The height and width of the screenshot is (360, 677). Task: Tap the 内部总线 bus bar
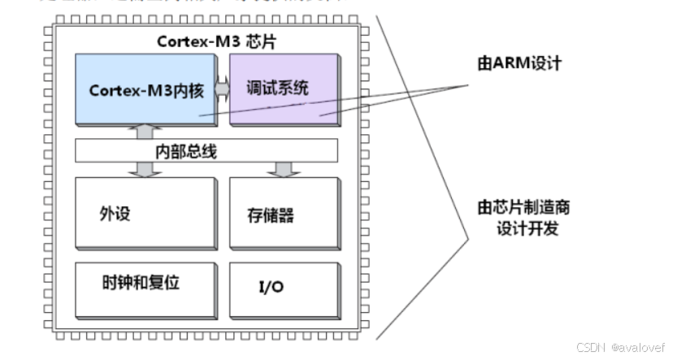click(206, 150)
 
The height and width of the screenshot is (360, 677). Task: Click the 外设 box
click(146, 213)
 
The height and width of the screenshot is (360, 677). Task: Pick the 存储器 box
click(283, 213)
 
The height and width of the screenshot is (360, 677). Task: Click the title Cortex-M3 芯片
click(205, 41)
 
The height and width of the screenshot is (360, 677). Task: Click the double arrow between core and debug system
click(223, 87)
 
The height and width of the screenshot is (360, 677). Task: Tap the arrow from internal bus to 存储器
click(283, 169)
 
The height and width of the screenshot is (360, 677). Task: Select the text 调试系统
click(278, 86)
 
